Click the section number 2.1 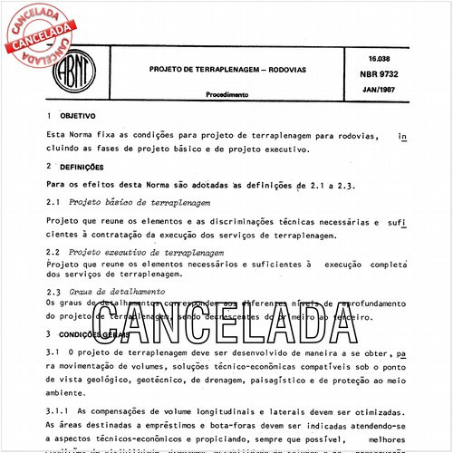click(53, 202)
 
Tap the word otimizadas click(369, 410)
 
